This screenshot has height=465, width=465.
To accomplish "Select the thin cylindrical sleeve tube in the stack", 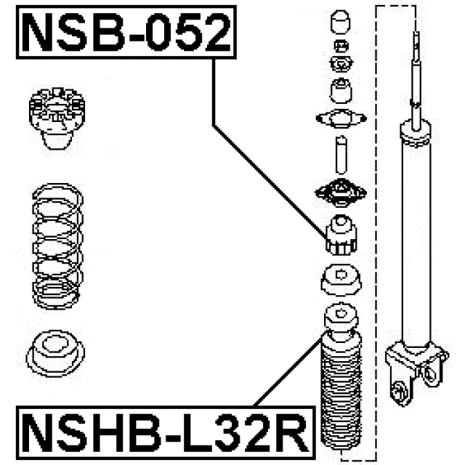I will point(340,154).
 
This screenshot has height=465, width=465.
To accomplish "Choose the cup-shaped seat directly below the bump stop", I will point(340,278).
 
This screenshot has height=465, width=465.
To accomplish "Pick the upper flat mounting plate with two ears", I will point(339,118).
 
